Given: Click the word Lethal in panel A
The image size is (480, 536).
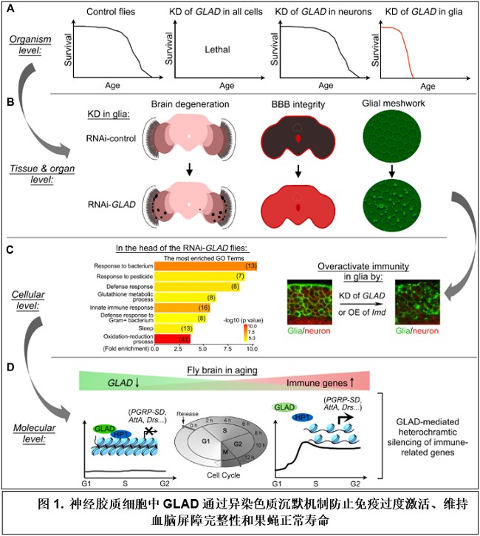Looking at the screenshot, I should pos(218,50).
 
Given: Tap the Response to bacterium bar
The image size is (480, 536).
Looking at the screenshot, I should pos(206,265).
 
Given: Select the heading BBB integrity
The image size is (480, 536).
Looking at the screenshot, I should pos(295,104).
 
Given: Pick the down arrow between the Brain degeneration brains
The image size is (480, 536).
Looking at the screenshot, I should pos(190,172).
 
